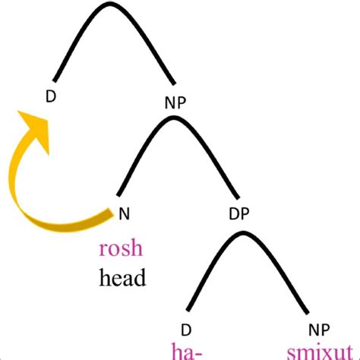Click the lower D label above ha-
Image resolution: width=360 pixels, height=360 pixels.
click(186, 329)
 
